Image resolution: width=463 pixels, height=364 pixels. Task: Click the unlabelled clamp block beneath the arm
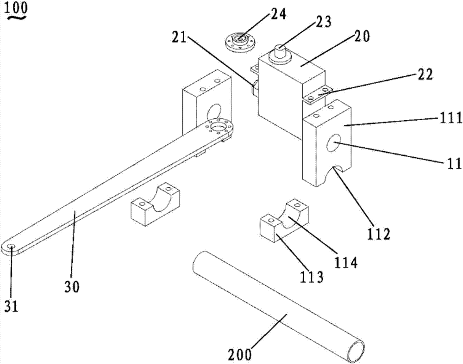coord(153,207)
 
